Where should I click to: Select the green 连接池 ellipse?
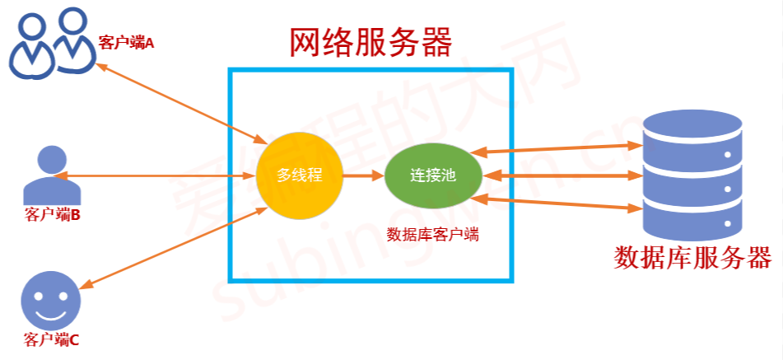432,175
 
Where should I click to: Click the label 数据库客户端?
432,234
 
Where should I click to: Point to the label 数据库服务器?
692,258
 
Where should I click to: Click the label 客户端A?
126,41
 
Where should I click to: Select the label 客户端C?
52,339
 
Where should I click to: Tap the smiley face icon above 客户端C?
51,300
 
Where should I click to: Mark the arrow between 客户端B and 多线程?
152,175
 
